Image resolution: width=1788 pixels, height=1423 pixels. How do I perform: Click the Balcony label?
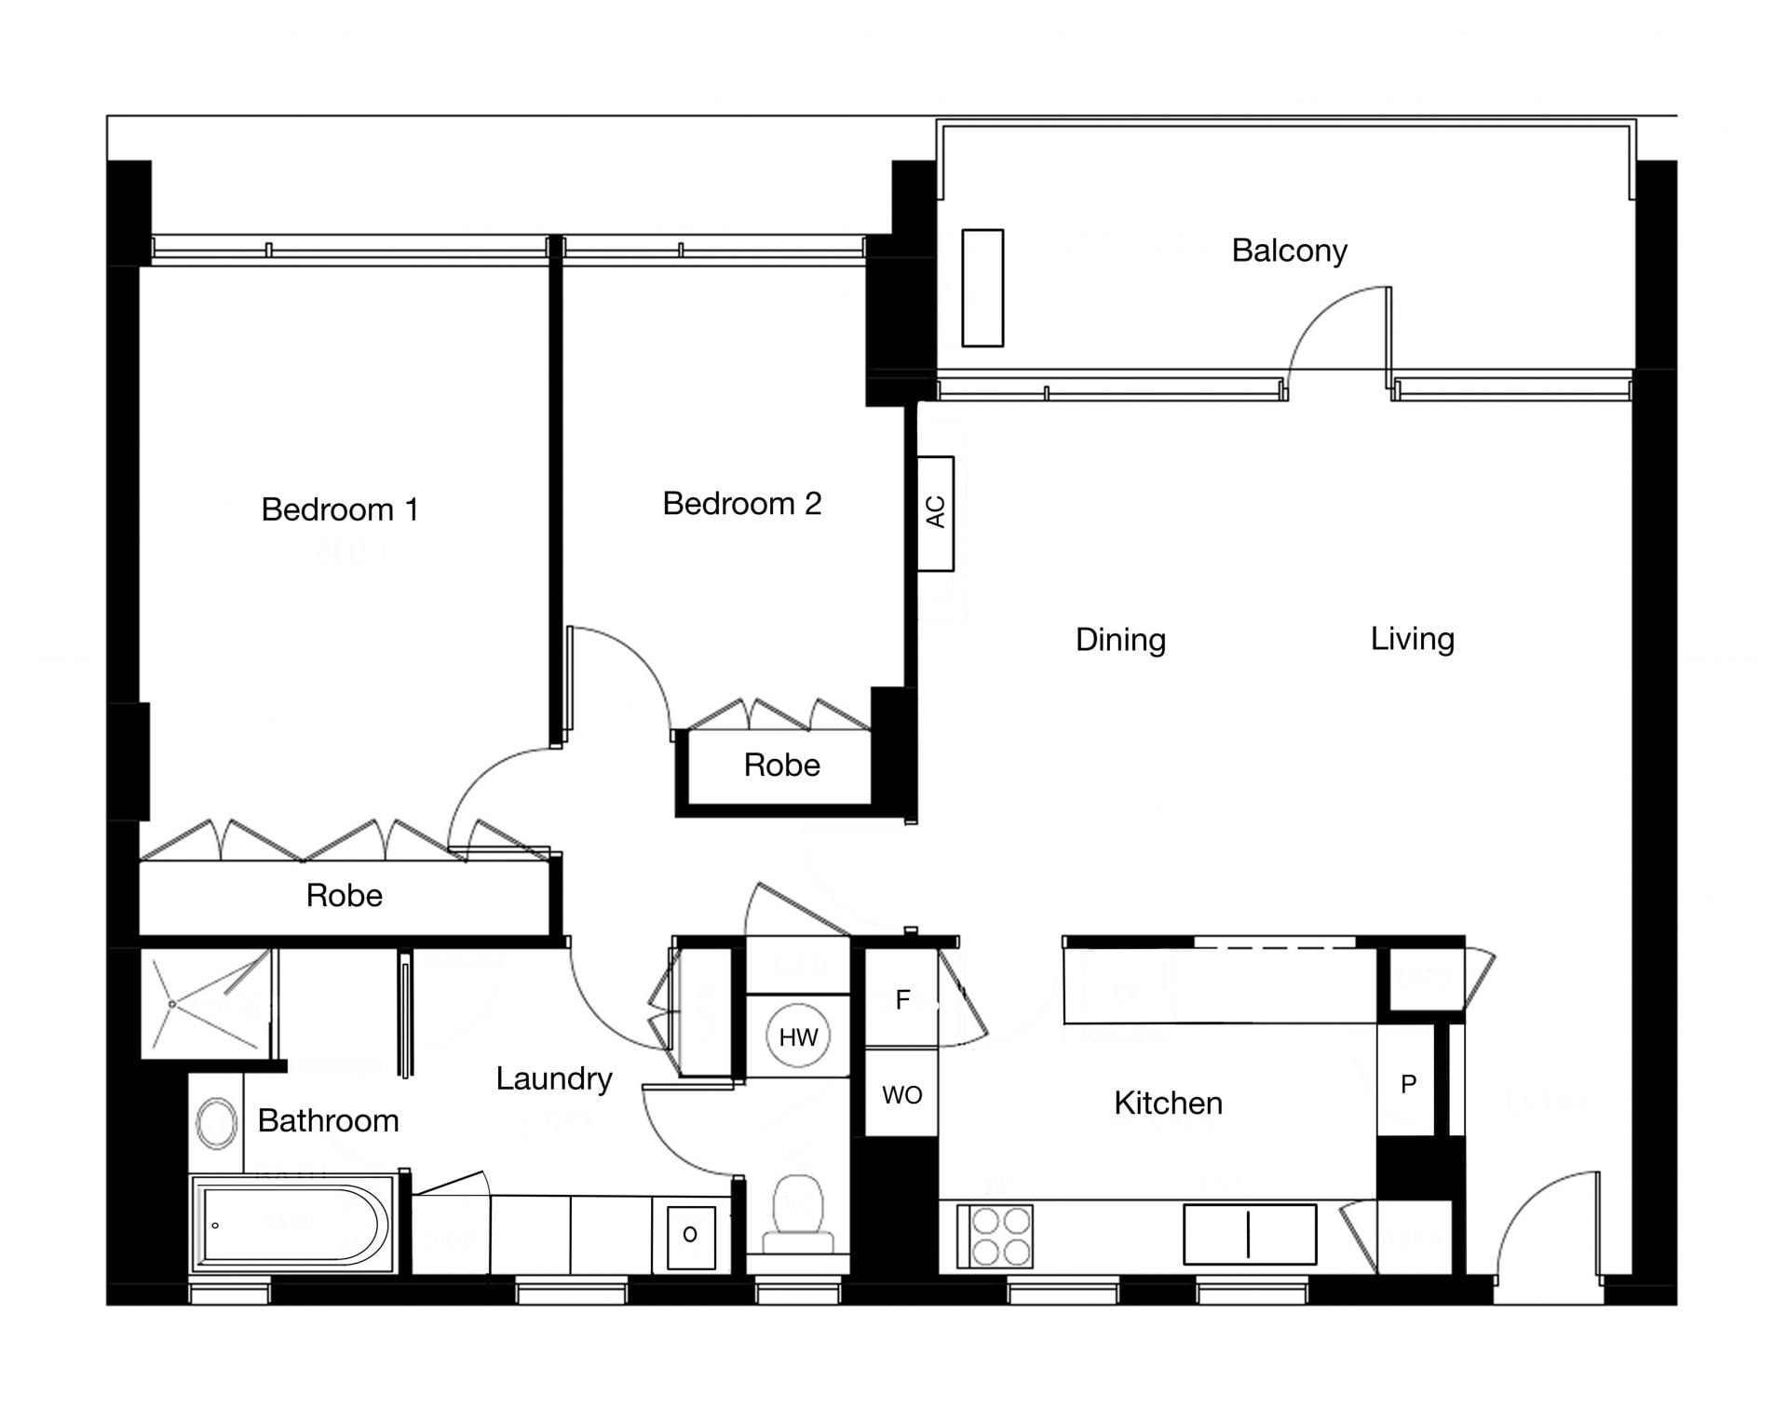pyautogui.click(x=1289, y=251)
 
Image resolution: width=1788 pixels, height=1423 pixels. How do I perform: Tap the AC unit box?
pyautogui.click(x=936, y=513)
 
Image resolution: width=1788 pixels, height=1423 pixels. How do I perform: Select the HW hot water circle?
pyautogui.click(x=798, y=1037)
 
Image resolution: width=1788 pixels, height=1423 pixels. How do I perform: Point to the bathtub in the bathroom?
pyautogui.click(x=292, y=1224)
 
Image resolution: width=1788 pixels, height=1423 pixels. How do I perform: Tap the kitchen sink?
pyautogui.click(x=1250, y=1234)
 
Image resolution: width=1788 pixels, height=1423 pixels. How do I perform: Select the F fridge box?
pyautogui.click(x=901, y=998)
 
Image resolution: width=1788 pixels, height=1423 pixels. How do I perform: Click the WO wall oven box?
pyautogui.click(x=901, y=1093)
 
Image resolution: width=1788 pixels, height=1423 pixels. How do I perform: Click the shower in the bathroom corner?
pyautogui.click(x=207, y=1004)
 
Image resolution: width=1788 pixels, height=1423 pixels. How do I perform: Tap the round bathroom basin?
pyautogui.click(x=217, y=1122)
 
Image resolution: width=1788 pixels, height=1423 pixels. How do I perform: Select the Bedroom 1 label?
pyautogui.click(x=340, y=509)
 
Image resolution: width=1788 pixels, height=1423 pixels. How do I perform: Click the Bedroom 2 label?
pyautogui.click(x=742, y=504)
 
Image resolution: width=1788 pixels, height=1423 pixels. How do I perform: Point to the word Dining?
pyautogui.click(x=1120, y=640)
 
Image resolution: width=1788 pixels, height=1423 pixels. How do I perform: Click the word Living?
pyautogui.click(x=1412, y=639)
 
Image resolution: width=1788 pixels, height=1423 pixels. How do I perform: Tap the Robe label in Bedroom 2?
pyautogui.click(x=781, y=766)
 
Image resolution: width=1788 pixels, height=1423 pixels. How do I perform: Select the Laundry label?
pyautogui.click(x=553, y=1078)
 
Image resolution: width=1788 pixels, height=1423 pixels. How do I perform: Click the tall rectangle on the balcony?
pyautogui.click(x=982, y=288)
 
